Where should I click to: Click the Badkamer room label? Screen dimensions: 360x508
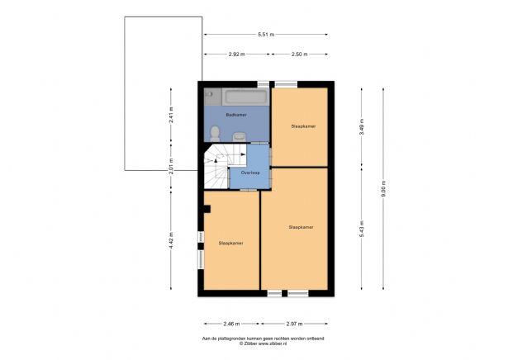(x=236, y=115)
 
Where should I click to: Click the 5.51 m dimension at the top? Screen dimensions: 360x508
(x=266, y=34)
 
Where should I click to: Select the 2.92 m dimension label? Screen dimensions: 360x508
(x=236, y=54)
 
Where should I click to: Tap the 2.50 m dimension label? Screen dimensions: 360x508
(x=299, y=54)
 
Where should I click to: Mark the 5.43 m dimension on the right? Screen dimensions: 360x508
(x=361, y=234)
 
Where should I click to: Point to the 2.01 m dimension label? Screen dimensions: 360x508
(x=171, y=172)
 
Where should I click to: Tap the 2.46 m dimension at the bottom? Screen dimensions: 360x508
(x=228, y=324)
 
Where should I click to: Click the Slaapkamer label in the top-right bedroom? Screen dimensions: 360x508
(x=303, y=126)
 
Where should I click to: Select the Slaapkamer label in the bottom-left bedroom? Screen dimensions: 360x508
(x=230, y=244)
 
